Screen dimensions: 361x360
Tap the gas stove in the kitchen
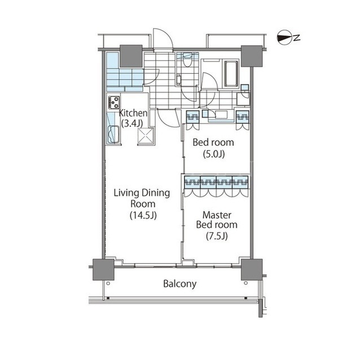[114, 103]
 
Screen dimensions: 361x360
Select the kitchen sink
[113, 135]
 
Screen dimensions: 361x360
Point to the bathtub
[231, 74]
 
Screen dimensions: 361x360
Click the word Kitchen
[133, 113]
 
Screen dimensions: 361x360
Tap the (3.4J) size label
[132, 124]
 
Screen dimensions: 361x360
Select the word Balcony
[180, 284]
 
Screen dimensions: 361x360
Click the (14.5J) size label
[143, 215]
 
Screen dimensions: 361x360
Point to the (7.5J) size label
[217, 236]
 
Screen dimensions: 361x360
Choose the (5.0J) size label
[214, 154]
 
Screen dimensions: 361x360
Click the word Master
[217, 215]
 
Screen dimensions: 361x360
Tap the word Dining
[156, 193]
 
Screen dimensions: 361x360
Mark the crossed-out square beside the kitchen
[146, 136]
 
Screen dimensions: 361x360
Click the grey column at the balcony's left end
[103, 270]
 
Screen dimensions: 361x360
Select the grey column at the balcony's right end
[252, 269]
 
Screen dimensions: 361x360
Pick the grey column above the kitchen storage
[131, 56]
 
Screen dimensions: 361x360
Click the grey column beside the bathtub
[252, 56]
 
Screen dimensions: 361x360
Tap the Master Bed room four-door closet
[216, 186]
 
